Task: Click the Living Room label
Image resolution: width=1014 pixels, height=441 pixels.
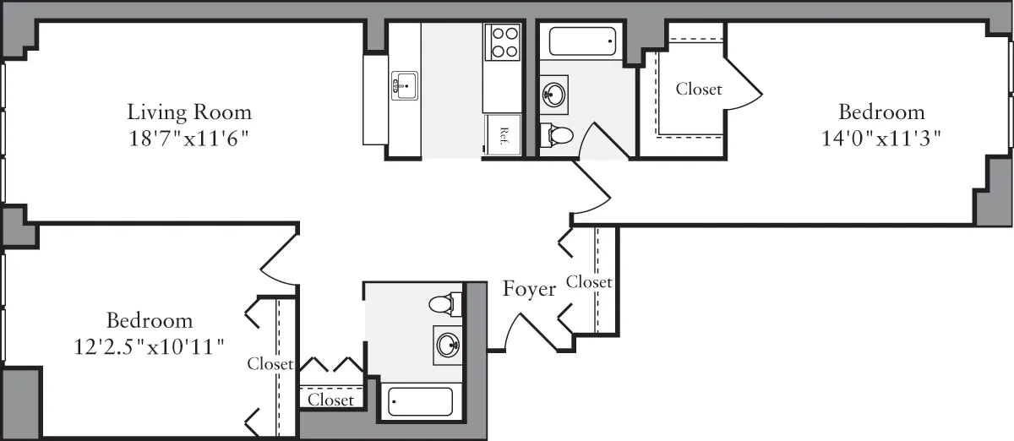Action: point(189,112)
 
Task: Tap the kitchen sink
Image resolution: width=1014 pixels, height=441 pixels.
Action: point(405,85)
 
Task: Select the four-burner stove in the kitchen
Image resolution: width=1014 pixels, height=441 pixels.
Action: point(501,42)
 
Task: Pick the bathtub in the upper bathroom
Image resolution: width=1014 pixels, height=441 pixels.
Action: point(582,41)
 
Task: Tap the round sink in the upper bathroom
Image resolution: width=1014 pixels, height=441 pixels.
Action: point(554,93)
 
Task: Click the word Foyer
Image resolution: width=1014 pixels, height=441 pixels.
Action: point(529,290)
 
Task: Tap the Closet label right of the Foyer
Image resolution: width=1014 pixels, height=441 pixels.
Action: point(589,282)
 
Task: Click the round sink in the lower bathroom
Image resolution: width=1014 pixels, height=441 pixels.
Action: point(449,344)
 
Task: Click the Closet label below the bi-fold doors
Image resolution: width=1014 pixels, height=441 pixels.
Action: point(331,400)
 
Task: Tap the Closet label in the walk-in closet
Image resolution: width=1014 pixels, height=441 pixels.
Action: point(699,89)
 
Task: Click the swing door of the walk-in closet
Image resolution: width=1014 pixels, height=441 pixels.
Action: point(744,89)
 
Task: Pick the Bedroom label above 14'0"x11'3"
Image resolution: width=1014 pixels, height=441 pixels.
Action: point(881,112)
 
